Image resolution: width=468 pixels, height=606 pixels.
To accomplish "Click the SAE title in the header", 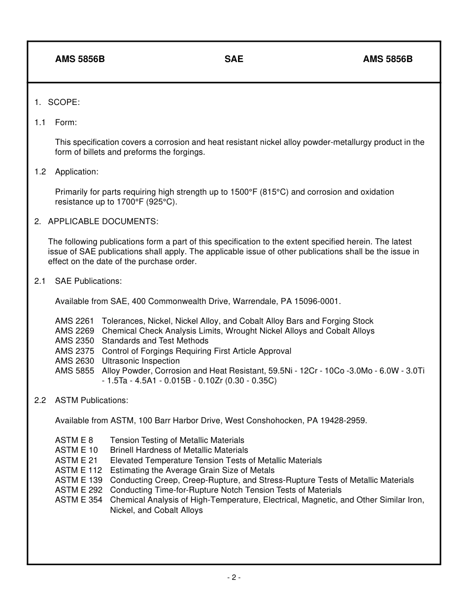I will point(234,59).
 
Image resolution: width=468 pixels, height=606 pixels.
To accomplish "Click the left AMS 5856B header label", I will point(80,59).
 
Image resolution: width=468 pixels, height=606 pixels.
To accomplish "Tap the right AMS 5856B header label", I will point(388,59).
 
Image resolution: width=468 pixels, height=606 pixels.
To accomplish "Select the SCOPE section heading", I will point(64,102).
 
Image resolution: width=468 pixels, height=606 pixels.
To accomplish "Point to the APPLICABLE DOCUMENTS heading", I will point(103,222).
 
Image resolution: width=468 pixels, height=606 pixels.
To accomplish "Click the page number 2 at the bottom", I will point(234,577).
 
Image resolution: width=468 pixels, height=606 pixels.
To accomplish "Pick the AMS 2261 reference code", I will point(74,321).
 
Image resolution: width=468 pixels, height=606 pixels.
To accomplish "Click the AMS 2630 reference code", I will point(74,361).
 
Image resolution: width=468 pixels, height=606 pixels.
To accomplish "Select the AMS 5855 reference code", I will point(74,371).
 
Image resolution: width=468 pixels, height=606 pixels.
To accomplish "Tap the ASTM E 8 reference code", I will point(74,440).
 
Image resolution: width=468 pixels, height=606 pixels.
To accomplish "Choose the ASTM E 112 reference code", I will point(79,470).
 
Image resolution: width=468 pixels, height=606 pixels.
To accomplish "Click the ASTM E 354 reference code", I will point(79,500).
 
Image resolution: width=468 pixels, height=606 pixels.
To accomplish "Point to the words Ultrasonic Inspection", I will point(140,361).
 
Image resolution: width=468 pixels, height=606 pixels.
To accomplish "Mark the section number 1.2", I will point(40,172).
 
